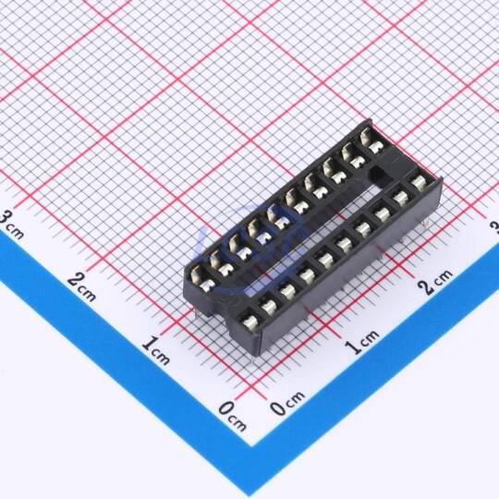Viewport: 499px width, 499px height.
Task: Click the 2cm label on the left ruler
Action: [x=82, y=287]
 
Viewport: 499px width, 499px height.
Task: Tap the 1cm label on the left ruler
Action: [x=155, y=350]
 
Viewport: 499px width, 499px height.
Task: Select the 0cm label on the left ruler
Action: [x=233, y=416]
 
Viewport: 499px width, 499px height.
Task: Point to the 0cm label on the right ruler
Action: [x=287, y=403]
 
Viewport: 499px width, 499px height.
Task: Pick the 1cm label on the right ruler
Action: [x=362, y=342]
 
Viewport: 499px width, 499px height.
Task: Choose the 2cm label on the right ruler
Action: [x=435, y=281]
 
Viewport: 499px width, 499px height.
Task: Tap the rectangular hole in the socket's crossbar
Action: [x=378, y=175]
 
